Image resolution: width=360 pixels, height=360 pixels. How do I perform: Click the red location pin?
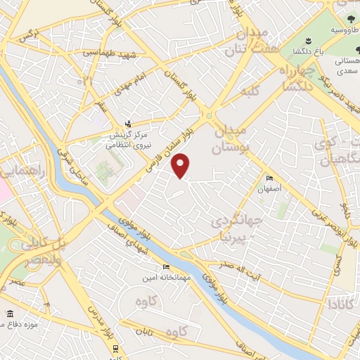pyautogui.click(x=181, y=165)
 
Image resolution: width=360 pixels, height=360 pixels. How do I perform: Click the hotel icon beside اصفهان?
pyautogui.click(x=269, y=178)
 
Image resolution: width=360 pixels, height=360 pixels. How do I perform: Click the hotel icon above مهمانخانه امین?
pyautogui.click(x=166, y=266)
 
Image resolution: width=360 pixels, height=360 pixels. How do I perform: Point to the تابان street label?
pyautogui.click(x=143, y=333)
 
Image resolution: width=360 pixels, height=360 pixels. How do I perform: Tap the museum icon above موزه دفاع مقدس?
pyautogui.click(x=8, y=314)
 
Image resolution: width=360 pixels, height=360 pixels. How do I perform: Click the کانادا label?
pyautogui.click(x=335, y=304)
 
